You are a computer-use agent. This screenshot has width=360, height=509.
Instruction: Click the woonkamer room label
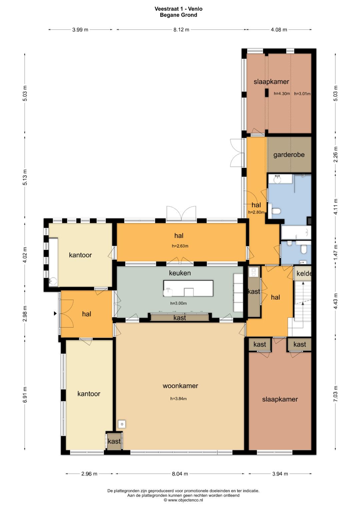click(x=180, y=386)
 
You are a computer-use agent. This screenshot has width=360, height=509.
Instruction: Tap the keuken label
click(x=180, y=273)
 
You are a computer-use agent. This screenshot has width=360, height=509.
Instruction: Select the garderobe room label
click(x=289, y=155)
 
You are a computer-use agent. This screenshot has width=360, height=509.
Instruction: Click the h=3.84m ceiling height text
click(x=178, y=399)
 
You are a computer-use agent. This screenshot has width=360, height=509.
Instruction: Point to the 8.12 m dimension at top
click(x=181, y=30)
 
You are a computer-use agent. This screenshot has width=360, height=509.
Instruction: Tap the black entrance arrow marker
click(x=55, y=314)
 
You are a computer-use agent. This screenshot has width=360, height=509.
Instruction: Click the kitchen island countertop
click(x=188, y=288)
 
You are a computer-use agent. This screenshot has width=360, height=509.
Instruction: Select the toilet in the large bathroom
click(x=276, y=211)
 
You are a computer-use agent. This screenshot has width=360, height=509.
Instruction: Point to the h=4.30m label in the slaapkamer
click(x=282, y=93)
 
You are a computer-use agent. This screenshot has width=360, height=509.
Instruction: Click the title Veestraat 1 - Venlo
click(x=178, y=9)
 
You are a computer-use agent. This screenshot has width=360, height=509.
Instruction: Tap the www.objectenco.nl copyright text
click(x=183, y=500)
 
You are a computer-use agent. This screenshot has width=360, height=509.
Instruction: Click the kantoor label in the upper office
click(x=80, y=255)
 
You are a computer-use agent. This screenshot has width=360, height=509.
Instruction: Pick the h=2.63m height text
click(x=180, y=246)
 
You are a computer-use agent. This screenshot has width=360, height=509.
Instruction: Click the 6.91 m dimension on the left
click(x=25, y=394)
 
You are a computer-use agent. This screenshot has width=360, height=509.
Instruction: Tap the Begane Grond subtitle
click(x=178, y=15)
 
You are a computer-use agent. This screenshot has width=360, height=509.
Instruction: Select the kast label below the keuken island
click(x=180, y=318)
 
